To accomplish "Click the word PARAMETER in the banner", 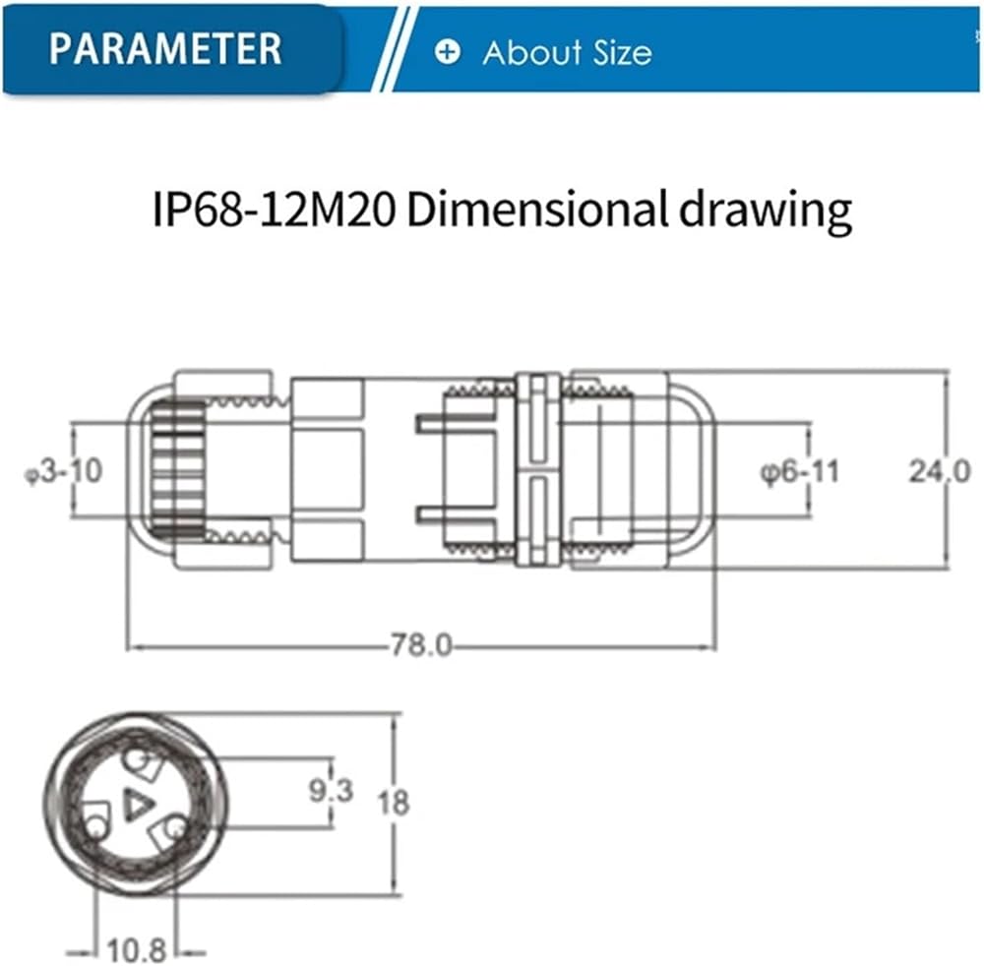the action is tap(165, 48).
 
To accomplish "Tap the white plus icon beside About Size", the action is tap(448, 51).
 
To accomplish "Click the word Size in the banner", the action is tap(623, 52).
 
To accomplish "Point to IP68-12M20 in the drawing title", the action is tap(275, 210).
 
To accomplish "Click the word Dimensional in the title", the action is tap(538, 210).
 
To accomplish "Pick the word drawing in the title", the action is tap(766, 212).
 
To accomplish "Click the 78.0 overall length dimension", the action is tap(421, 644).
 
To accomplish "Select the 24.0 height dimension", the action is tap(940, 471).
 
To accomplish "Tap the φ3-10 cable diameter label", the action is tap(63, 471).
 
